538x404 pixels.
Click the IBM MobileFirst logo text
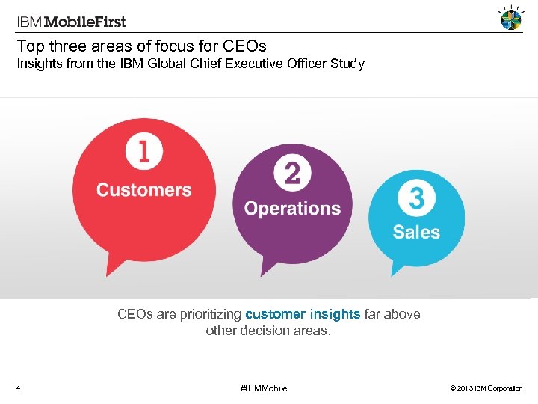coord(72,22)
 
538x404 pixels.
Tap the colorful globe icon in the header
coord(510,19)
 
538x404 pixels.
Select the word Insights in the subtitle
coord(41,64)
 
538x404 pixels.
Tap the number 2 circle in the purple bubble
coord(292,174)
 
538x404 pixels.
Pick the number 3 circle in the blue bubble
coord(416,199)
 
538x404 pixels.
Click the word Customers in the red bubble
coord(143,189)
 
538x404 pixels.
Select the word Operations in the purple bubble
coord(292,209)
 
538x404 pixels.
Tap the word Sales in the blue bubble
coord(416,232)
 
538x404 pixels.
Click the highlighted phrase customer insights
coord(303,314)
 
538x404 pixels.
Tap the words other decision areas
coord(268,330)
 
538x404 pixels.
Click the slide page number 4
coord(19,388)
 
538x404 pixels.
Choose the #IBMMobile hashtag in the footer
coord(263,388)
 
